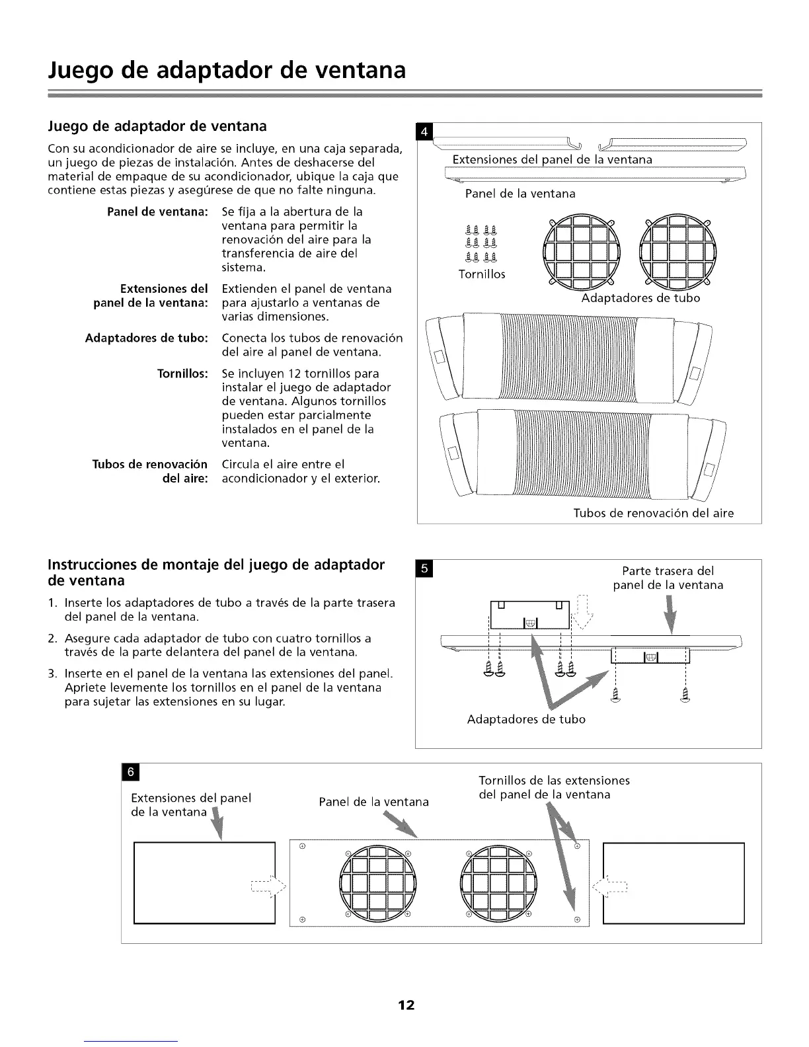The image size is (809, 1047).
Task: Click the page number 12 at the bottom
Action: (405, 1005)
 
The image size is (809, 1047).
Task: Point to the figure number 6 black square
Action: (131, 771)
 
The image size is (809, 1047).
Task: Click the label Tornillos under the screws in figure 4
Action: (482, 274)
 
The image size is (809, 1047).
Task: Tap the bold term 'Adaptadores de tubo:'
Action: (147, 338)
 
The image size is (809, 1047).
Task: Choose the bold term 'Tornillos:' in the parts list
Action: (182, 373)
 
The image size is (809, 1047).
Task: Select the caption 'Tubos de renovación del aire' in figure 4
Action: (653, 513)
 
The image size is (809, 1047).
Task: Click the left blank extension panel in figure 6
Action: (204, 882)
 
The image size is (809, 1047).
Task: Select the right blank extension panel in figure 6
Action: (674, 882)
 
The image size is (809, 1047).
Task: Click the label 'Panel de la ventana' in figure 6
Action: (373, 802)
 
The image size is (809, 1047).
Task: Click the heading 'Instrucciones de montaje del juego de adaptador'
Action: (216, 565)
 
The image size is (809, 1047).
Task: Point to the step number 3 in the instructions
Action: (52, 674)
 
